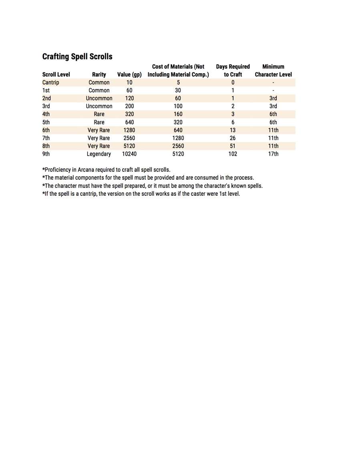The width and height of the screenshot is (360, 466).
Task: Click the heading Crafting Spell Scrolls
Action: click(77, 56)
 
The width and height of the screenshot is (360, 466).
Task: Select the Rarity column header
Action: click(99, 74)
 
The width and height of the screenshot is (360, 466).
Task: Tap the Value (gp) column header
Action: click(129, 74)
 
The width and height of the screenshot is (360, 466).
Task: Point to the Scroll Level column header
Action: click(56, 74)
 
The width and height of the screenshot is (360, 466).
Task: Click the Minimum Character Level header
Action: click(273, 70)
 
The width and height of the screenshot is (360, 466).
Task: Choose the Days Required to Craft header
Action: click(233, 70)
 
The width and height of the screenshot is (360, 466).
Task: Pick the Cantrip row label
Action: click(50, 82)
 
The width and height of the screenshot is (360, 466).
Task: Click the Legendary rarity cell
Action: click(99, 154)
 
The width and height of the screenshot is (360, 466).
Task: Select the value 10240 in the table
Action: click(129, 154)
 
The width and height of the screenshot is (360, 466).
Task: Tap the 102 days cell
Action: click(233, 154)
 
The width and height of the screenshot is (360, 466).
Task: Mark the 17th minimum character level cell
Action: click(273, 154)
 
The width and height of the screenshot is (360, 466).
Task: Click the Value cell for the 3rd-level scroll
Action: click(129, 106)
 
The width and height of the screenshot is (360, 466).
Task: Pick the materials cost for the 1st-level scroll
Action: click(178, 90)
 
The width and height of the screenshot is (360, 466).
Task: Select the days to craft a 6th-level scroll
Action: click(233, 130)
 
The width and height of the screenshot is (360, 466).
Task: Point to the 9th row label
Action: click(46, 154)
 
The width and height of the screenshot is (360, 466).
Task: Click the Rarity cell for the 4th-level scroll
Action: click(99, 114)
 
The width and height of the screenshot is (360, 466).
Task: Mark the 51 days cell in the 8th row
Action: click(233, 146)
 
